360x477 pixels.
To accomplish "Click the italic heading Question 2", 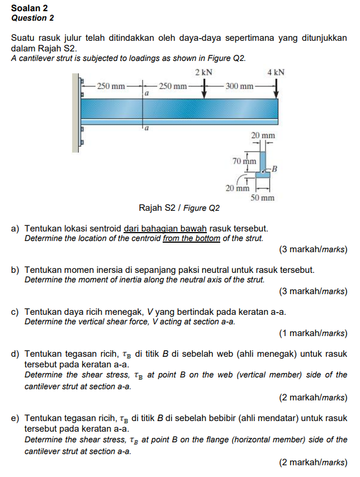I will tap(32, 18).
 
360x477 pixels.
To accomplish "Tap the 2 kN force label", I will tap(204, 73).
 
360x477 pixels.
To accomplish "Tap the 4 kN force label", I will tap(276, 73).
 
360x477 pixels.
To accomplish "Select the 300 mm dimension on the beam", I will tap(240, 86).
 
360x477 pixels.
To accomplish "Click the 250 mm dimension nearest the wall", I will tap(111, 86).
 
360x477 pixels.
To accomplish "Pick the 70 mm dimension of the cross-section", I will tap(244, 161).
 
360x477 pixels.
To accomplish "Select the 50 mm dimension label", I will tap(262, 198).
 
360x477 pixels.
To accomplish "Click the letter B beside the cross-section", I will tap(275, 168).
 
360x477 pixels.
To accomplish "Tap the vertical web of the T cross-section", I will tap(262, 160).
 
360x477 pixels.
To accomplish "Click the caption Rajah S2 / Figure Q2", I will tap(179, 209).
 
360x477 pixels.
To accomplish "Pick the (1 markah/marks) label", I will tap(313, 334).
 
